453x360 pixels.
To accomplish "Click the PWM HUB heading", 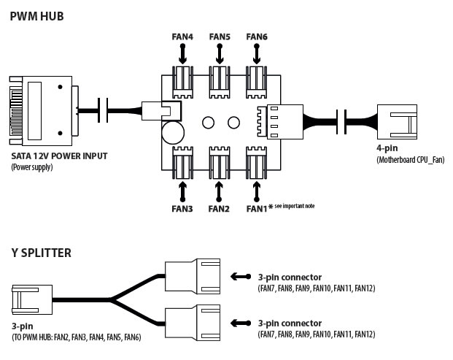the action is click(x=36, y=16).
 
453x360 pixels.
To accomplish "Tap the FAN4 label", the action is click(x=182, y=37).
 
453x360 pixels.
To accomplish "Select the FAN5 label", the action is click(x=220, y=37).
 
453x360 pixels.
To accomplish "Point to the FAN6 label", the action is click(x=257, y=37).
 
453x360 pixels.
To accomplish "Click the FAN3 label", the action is click(x=182, y=209).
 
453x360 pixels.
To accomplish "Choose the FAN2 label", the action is click(x=219, y=209).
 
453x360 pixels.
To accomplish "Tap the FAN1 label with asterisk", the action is click(x=260, y=208).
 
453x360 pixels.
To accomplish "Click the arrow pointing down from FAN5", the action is click(x=220, y=54).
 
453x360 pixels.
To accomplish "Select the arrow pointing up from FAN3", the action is click(x=182, y=191).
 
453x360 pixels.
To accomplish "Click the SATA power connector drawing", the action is click(x=44, y=111).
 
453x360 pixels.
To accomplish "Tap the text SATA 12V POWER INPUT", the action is click(x=59, y=156).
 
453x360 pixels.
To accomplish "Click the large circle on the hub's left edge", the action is click(x=173, y=133).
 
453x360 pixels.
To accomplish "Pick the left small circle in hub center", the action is click(x=208, y=123).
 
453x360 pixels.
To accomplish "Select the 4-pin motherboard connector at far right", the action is click(x=397, y=123).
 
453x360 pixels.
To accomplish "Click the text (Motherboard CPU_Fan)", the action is click(x=411, y=160).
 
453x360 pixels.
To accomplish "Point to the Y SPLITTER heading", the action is click(x=42, y=253).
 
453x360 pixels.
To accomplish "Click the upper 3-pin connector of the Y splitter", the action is click(x=193, y=276).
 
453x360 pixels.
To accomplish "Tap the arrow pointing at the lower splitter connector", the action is click(x=241, y=323).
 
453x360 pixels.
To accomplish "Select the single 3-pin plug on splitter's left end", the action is click(x=32, y=299).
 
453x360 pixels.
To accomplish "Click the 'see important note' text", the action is click(x=295, y=206).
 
